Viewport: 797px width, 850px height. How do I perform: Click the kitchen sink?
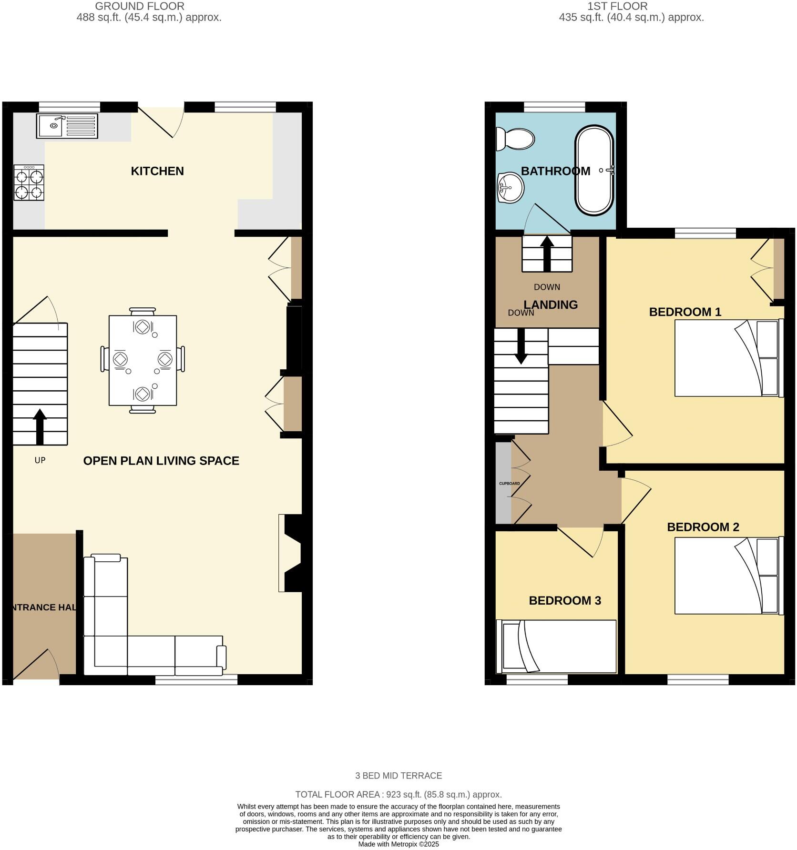pos(67,126)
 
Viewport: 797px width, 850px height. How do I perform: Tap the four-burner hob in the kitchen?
pos(29,182)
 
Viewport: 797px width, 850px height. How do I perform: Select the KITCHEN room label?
pos(157,171)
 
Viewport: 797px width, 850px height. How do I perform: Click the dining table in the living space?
pos(143,360)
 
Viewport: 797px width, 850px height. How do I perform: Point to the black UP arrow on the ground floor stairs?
pos(40,426)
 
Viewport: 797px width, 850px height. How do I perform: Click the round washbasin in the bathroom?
pos(510,187)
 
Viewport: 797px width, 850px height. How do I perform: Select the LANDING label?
pos(551,305)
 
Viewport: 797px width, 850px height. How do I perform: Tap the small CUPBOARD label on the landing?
pos(509,484)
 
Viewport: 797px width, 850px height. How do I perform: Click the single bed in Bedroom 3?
pos(556,646)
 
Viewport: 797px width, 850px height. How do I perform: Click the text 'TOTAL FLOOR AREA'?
pos(337,794)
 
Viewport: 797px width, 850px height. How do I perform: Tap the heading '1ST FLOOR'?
pos(617,6)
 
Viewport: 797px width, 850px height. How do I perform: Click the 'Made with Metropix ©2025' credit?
pos(398,844)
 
